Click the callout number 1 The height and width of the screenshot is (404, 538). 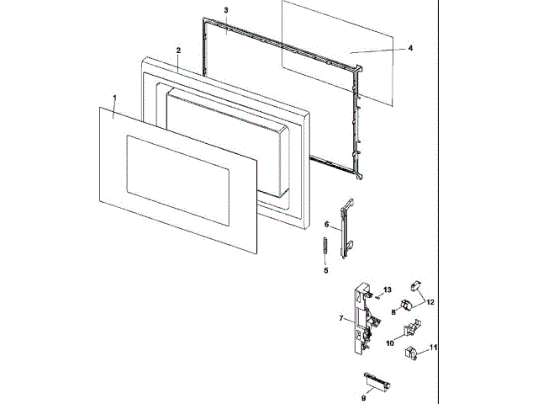pos(114,99)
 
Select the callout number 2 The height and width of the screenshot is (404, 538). pos(178,51)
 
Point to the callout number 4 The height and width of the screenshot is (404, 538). pos(409,49)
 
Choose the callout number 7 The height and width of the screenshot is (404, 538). pos(340,318)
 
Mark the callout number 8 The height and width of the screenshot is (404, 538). pos(393,311)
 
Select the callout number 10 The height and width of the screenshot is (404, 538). pos(389,343)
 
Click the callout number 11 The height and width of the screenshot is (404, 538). pos(434,347)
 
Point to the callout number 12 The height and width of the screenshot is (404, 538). pos(430,300)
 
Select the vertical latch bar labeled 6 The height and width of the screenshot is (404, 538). pos(345,227)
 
